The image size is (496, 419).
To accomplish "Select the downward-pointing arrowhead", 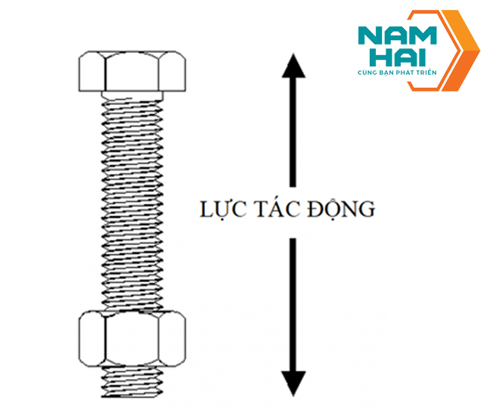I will pos(293,382).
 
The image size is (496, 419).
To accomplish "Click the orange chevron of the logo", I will pos(458,50).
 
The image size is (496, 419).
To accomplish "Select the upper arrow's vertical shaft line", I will pos(293,136).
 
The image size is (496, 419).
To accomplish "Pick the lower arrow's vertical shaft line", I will pos(293,303).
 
